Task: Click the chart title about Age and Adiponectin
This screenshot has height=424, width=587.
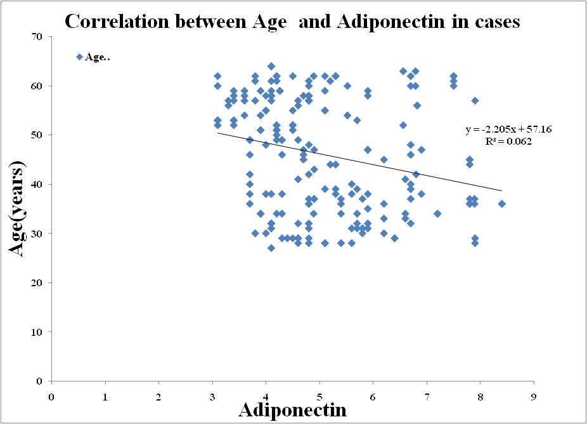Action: (292, 22)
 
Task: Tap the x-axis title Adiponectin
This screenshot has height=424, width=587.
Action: (292, 409)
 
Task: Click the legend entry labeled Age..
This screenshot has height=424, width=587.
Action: (93, 57)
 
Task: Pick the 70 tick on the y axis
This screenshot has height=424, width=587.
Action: (37, 37)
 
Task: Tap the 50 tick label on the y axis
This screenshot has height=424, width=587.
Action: (37, 135)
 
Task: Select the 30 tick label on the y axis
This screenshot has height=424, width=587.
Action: (37, 234)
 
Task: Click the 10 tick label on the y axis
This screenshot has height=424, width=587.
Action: (37, 332)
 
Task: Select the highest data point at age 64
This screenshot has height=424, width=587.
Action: (271, 66)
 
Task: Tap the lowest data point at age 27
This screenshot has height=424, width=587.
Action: (271, 248)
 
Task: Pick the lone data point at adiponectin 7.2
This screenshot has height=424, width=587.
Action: (437, 214)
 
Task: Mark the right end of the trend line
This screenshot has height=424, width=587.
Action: (501, 190)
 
